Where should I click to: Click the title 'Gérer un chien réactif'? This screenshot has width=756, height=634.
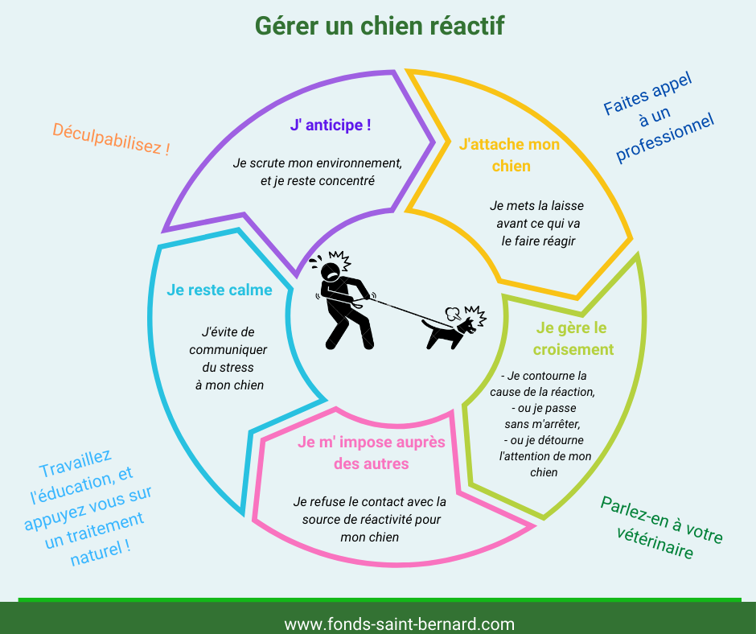pos(380,26)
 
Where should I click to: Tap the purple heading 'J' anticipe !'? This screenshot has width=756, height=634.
pos(331,125)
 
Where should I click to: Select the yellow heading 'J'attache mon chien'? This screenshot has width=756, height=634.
pos(510,155)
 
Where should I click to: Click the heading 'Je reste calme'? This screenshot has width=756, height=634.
pos(220,290)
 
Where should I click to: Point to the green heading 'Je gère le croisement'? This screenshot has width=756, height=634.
pos(573,338)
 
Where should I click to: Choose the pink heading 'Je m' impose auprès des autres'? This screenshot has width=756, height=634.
pos(372,453)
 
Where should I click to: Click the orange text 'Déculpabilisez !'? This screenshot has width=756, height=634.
pos(111,139)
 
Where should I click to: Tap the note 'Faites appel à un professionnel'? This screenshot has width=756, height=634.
pos(658,117)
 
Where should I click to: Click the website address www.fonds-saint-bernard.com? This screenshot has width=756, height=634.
pos(399,624)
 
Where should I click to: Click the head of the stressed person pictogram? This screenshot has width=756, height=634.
pos(331,272)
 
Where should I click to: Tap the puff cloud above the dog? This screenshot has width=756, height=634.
pos(452,314)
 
